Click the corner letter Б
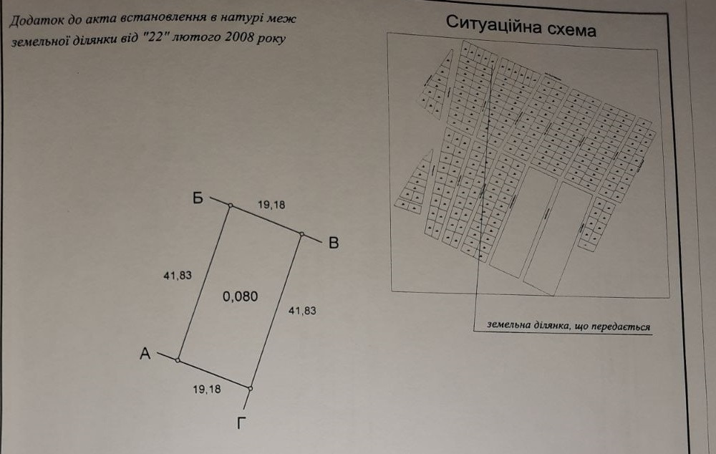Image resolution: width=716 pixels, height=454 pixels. click(198, 198)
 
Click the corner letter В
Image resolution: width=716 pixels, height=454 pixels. click(334, 243)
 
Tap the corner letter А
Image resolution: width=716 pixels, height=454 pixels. click(145, 354)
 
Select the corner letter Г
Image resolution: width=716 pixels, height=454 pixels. click(241, 423)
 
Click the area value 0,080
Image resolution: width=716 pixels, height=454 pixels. click(240, 296)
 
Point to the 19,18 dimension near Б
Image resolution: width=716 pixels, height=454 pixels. click(271, 205)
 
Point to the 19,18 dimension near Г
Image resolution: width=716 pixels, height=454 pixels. click(207, 389)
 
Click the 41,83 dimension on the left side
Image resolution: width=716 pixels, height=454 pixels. click(178, 276)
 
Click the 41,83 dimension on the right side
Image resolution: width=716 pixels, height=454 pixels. click(302, 311)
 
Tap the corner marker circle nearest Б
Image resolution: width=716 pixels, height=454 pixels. click(231, 206)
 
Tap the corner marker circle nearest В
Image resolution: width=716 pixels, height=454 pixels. click(302, 234)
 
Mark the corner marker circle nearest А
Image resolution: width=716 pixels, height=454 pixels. click(178, 360)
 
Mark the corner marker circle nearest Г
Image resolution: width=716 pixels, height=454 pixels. click(250, 389)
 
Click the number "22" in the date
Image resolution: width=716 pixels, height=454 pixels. click(155, 37)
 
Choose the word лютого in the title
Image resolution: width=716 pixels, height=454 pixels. click(196, 37)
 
